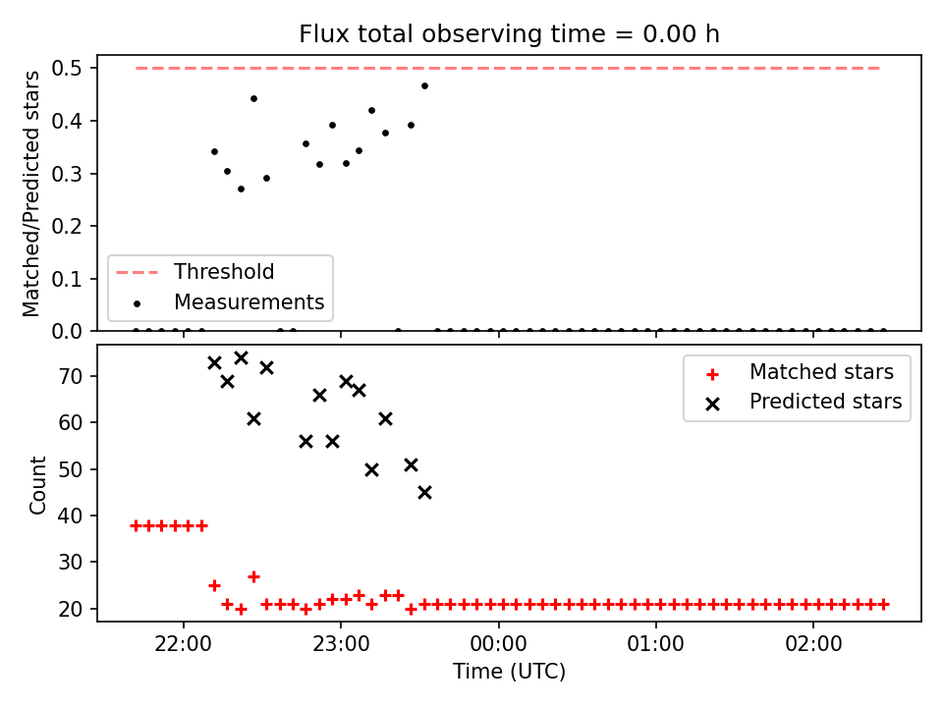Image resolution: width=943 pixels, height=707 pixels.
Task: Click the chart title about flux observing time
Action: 509,34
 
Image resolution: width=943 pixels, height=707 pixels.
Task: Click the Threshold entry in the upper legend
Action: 224,272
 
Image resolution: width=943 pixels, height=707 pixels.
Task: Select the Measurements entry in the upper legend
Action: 249,301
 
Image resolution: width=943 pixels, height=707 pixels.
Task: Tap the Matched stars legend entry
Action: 821,372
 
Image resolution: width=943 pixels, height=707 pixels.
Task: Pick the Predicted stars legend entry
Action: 826,402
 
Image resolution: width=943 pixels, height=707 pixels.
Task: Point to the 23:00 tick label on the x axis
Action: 341,644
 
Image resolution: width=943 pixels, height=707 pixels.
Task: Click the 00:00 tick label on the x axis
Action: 499,644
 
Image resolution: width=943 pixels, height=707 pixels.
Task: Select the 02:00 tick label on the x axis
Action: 813,644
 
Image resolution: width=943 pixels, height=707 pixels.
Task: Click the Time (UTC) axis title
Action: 509,671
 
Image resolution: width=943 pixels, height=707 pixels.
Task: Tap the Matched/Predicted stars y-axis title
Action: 31,193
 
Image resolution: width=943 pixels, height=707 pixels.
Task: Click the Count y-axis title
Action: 38,485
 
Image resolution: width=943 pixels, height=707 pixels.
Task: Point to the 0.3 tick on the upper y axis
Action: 66,174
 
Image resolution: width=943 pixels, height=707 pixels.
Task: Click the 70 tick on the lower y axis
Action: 70,376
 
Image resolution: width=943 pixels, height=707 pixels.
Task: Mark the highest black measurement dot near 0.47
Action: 424,86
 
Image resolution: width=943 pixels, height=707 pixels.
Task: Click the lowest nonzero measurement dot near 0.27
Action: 242,189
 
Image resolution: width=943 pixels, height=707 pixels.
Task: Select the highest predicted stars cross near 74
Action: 242,358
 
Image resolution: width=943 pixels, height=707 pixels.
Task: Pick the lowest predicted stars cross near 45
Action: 424,493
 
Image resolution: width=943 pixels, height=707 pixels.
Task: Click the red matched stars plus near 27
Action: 253,577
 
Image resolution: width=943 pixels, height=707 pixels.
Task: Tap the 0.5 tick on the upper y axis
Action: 66,69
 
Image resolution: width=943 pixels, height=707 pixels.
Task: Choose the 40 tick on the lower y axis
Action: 70,516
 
